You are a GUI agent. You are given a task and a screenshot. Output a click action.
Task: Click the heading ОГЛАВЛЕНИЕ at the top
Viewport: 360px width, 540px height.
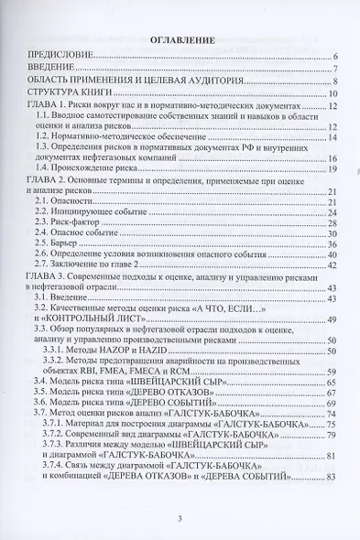coord(180,40)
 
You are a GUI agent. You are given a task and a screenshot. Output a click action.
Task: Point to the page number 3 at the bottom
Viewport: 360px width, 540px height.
coord(180,520)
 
